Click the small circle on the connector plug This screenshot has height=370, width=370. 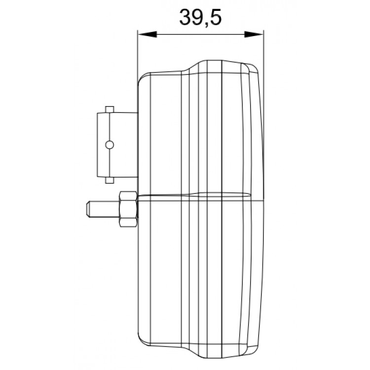click(x=110, y=144)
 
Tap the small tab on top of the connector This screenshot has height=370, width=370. click(x=109, y=109)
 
